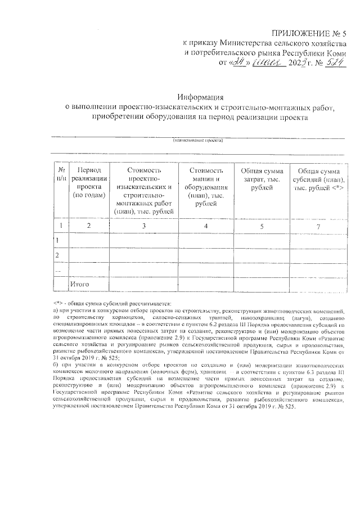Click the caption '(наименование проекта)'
click(x=198, y=140)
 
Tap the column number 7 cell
click(x=318, y=226)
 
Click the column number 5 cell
click(x=262, y=226)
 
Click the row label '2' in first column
click(x=57, y=255)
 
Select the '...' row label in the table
click(x=57, y=271)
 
